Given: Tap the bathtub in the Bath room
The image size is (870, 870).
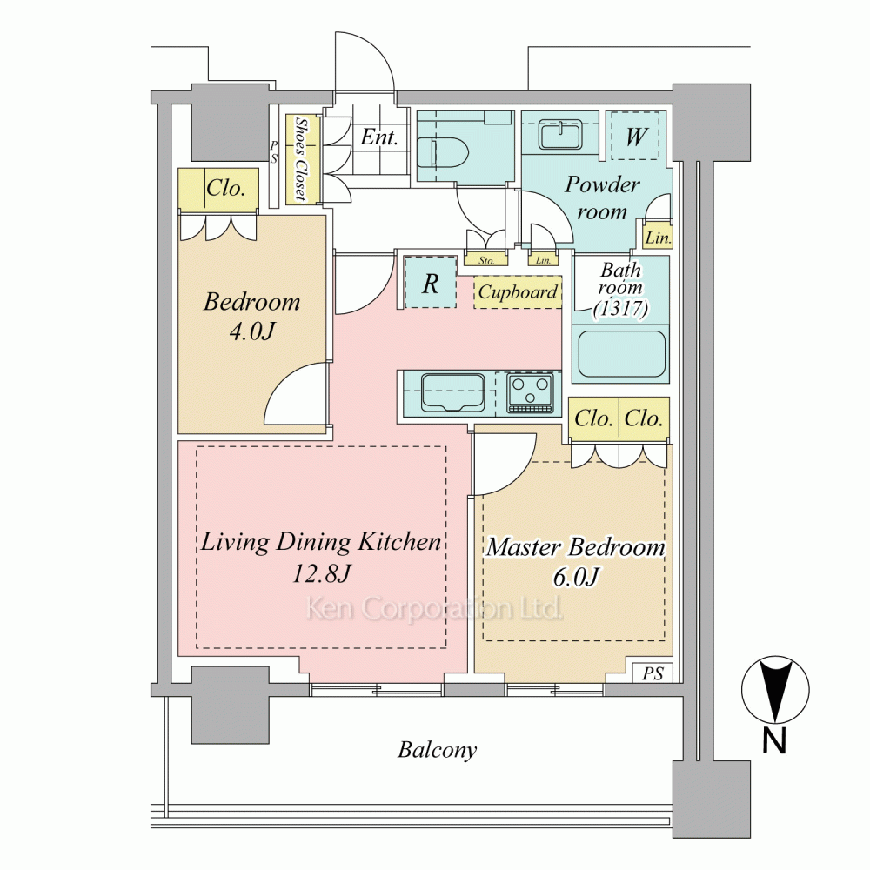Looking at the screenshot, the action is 621,354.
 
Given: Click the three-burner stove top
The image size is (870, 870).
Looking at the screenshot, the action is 531,393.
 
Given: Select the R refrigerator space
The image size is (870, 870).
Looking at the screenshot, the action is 431,283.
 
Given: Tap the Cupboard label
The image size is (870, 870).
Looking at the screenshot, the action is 518,291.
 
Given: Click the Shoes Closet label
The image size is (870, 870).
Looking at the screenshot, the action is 302,158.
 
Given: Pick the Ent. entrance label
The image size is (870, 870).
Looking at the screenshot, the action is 379,137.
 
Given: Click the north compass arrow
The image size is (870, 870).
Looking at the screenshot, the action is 775,689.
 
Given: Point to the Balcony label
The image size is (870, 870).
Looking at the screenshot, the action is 438,750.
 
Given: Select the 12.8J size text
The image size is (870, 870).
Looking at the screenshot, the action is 321,573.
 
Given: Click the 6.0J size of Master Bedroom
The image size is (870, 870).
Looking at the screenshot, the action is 575,577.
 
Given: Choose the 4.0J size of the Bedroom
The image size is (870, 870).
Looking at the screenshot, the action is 252,331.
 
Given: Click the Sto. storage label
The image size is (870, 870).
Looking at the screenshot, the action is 486,260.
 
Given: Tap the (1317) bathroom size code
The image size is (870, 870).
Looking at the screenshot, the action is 621,308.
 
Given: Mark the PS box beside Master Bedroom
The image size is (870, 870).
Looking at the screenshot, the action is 652,673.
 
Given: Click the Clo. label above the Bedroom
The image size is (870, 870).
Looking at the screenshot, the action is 225,188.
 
